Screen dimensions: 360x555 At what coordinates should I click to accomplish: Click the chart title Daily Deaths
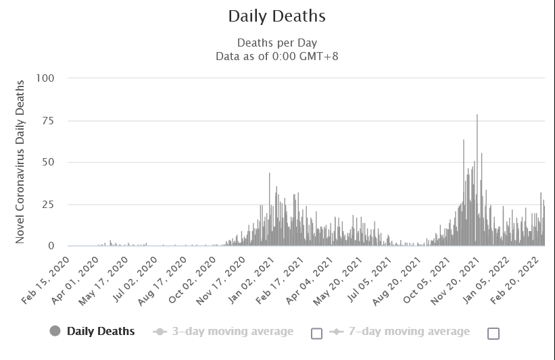pyautogui.click(x=276, y=16)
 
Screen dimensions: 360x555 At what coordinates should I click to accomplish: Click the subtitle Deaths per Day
pyautogui.click(x=276, y=43)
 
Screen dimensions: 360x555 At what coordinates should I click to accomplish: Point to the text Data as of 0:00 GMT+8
pyautogui.click(x=276, y=56)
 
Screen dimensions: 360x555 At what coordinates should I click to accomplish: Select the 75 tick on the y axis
pyautogui.click(x=47, y=120)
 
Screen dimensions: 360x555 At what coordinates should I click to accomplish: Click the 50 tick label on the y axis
pyautogui.click(x=47, y=162)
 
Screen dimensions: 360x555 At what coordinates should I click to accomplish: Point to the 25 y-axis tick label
pyautogui.click(x=47, y=204)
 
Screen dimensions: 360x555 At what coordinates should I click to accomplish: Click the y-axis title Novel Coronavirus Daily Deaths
pyautogui.click(x=20, y=162)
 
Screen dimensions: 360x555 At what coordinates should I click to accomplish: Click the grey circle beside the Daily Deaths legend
pyautogui.click(x=55, y=331)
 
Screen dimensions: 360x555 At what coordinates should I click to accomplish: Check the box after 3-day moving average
pyautogui.click(x=316, y=333)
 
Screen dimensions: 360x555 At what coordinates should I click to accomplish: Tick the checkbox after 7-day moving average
pyautogui.click(x=493, y=333)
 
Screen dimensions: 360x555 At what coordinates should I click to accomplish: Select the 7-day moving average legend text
pyautogui.click(x=408, y=331)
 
